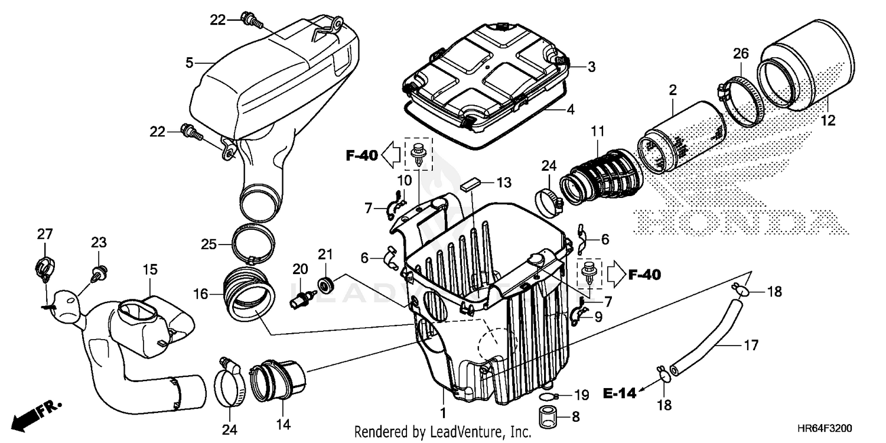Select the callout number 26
click(x=741, y=54)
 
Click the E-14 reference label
click(x=620, y=393)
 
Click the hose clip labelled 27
click(x=43, y=268)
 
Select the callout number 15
click(x=150, y=270)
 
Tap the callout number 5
click(x=189, y=62)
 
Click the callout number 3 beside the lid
click(x=591, y=67)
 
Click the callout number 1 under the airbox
click(x=442, y=409)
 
